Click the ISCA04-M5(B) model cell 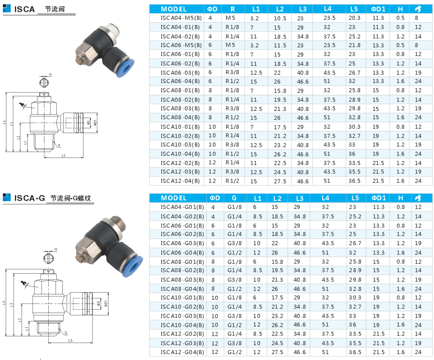[x=181, y=18]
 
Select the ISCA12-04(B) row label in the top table [x=180, y=181]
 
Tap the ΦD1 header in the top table [x=378, y=9]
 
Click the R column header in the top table [x=233, y=9]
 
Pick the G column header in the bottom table [x=234, y=198]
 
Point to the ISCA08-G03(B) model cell [x=182, y=280]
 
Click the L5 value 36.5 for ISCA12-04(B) [x=355, y=181]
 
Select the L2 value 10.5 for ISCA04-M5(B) [x=280, y=19]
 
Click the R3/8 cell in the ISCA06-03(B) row [x=232, y=72]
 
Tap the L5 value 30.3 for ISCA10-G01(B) [x=355, y=298]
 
